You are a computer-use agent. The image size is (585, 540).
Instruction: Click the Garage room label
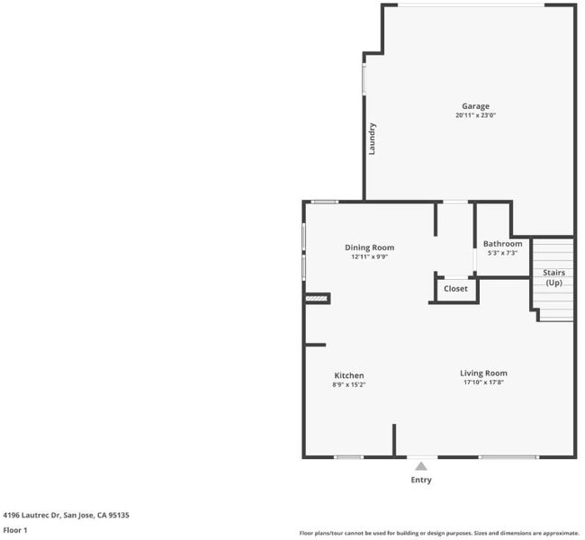pos(475,106)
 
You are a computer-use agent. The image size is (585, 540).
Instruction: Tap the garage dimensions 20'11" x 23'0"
pos(475,115)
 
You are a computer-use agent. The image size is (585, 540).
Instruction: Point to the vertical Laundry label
pos(372,139)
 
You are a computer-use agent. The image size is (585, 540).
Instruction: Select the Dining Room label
pos(369,247)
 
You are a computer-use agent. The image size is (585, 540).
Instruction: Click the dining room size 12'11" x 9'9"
pos(369,256)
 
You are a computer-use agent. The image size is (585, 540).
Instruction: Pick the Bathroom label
pos(502,244)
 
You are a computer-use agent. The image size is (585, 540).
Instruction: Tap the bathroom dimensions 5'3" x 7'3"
pos(502,253)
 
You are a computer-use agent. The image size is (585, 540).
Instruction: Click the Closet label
pos(455,289)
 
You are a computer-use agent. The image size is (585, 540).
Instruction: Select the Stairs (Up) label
pos(553,278)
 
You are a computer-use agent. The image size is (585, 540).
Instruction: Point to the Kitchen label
pos(349,376)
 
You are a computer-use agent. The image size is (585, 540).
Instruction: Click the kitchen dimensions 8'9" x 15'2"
pos(349,385)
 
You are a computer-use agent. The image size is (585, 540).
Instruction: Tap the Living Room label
pos(483,373)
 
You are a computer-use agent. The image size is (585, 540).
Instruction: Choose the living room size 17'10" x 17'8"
pos(483,382)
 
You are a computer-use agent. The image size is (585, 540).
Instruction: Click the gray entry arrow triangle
pos(421,466)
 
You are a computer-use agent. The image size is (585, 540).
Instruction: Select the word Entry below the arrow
pos(421,480)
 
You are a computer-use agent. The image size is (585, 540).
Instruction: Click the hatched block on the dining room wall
pos(317,299)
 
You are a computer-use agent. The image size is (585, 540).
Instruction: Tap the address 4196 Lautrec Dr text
pos(31,516)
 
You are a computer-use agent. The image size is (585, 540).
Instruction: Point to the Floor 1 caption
pos(15,530)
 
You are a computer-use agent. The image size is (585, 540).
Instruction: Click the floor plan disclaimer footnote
pos(439,534)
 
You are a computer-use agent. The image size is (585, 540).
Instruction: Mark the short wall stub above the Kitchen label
pos(316,346)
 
